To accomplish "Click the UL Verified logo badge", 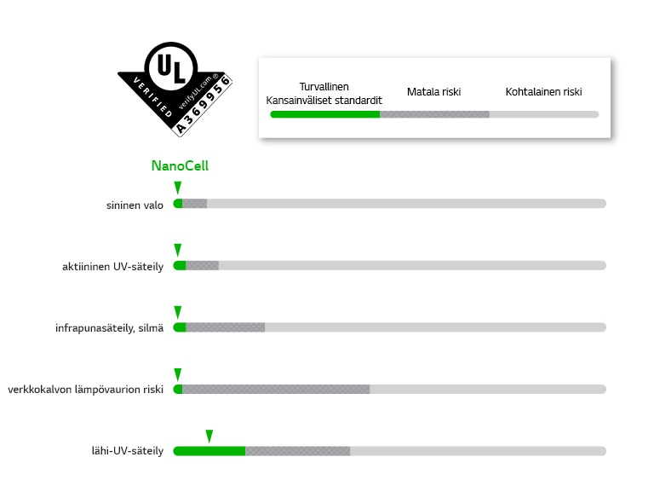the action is coord(175,89).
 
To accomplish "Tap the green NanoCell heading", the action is coord(180,165).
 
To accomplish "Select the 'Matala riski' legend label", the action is coord(433,92).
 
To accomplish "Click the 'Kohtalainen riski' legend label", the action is coord(543,92).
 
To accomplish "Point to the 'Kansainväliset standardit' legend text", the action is coord(324,101).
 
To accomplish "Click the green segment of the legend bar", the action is coord(325,114).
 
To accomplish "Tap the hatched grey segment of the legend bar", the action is coord(434,114).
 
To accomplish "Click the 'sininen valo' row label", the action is coord(135,205).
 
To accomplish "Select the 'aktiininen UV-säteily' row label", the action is coord(112,266).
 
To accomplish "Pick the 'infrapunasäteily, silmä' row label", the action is coord(109,328).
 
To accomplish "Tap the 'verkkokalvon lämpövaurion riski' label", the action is coord(85,390).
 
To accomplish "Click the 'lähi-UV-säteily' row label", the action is coord(128,451).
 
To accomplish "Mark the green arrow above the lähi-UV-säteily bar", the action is coord(209,437).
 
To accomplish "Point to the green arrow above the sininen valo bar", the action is coord(178,188).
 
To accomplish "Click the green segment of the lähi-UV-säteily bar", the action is coord(209,451).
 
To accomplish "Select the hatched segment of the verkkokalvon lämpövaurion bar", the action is coord(276,389).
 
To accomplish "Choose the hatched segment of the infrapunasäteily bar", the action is coord(225,327).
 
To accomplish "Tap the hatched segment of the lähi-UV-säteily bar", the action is coord(298,451).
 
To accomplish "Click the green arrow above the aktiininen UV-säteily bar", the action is coord(178,250).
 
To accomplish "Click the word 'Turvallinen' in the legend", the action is coord(324,87).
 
